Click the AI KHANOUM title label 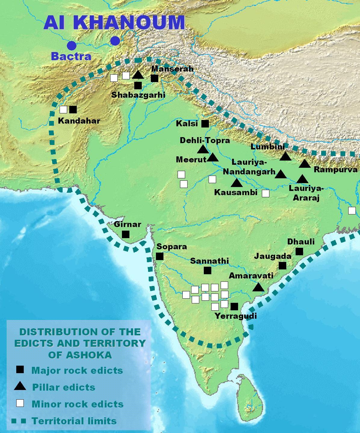click(x=114, y=22)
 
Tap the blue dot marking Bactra click(x=72, y=46)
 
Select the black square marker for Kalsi click(x=205, y=124)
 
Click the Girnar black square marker click(x=126, y=234)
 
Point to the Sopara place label click(x=172, y=247)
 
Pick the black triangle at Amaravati click(x=258, y=287)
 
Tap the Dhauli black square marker click(x=299, y=251)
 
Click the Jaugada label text click(x=273, y=256)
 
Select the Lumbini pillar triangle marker click(x=285, y=156)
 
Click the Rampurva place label click(x=336, y=170)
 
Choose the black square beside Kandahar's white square click(x=73, y=109)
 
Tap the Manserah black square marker click(x=154, y=78)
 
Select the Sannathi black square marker click(x=207, y=270)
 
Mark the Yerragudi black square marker click(x=234, y=306)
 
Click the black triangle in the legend click(x=20, y=386)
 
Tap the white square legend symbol click(x=20, y=403)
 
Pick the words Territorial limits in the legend click(x=74, y=421)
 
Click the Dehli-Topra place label click(x=205, y=140)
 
